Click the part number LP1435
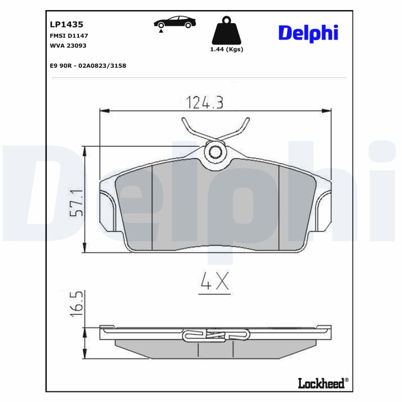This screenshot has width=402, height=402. pyautogui.click(x=66, y=24)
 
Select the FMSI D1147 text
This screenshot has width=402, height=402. pyautogui.click(x=69, y=36)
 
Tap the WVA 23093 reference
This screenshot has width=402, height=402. pyautogui.click(x=68, y=46)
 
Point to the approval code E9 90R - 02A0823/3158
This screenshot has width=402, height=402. pyautogui.click(x=88, y=65)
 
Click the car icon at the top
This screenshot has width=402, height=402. pyautogui.click(x=175, y=23)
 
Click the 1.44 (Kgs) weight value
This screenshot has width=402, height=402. pyautogui.click(x=226, y=49)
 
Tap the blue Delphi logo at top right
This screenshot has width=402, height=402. pyautogui.click(x=308, y=33)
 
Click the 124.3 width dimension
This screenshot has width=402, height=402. pyautogui.click(x=205, y=103)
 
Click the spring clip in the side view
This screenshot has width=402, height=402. pyautogui.click(x=216, y=335)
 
